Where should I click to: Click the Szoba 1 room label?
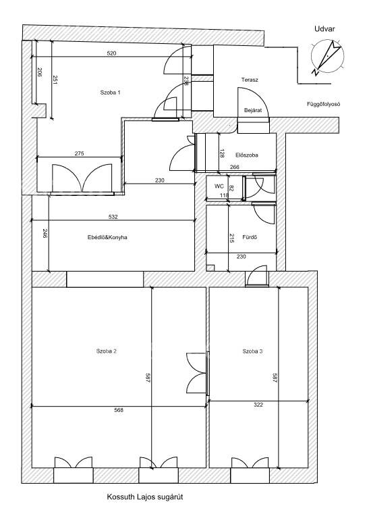[x=111, y=93]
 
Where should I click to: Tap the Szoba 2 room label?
[x=107, y=351]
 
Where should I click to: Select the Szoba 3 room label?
[x=253, y=351]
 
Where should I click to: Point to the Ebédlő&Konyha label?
[x=107, y=237]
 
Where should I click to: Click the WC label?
[x=219, y=186]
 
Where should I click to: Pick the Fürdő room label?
[x=250, y=237]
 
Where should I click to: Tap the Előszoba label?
[x=247, y=155]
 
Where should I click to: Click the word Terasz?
[x=250, y=79]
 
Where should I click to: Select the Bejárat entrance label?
[x=253, y=111]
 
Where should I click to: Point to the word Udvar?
[x=324, y=28]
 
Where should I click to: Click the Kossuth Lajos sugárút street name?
[x=145, y=497]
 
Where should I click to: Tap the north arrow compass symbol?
[x=327, y=56]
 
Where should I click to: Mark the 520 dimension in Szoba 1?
[x=111, y=53]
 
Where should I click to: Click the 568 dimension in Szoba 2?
[x=119, y=410]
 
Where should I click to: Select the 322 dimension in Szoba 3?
[x=258, y=405]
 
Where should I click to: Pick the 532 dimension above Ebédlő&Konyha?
[x=113, y=217]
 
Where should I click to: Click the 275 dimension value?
[x=79, y=153]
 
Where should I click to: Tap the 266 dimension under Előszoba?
[x=235, y=167]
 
